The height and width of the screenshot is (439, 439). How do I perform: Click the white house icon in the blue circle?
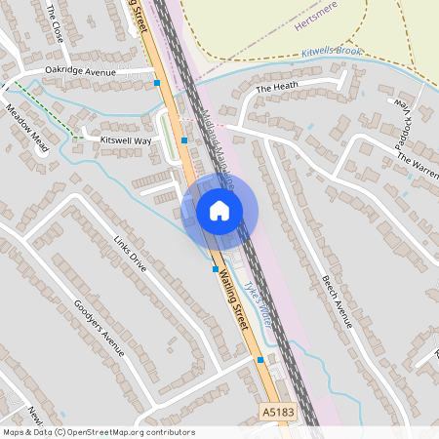(x=219, y=211)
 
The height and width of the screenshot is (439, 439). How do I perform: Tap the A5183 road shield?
(x=278, y=416)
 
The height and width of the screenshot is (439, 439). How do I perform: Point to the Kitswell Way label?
(x=127, y=141)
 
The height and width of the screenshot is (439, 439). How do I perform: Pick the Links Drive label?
(x=128, y=253)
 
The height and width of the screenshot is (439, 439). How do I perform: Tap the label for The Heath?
(x=276, y=89)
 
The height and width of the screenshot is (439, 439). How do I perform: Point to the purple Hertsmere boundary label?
(x=313, y=29)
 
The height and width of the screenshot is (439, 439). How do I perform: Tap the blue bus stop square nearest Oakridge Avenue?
(x=157, y=84)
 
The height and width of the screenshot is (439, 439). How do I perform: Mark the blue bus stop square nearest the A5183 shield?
(x=260, y=359)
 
